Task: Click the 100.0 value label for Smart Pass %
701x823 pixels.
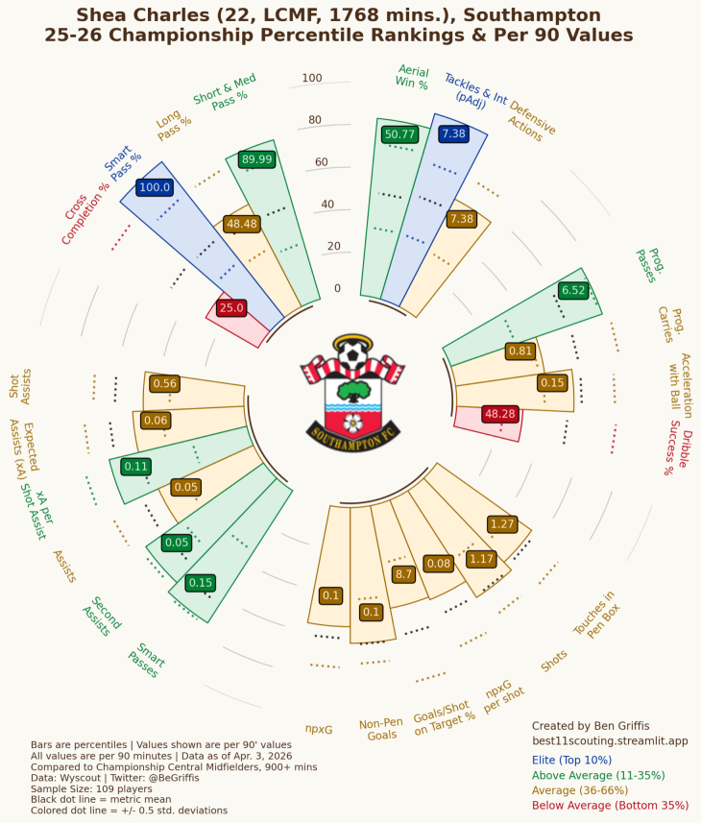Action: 155,187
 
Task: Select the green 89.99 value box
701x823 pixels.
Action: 256,159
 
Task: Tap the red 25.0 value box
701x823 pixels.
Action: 231,307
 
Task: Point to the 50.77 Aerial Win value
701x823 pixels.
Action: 399,134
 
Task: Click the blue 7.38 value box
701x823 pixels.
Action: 453,133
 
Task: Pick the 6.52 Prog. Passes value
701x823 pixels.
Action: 573,290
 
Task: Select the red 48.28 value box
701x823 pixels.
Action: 500,414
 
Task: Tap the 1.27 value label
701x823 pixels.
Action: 502,523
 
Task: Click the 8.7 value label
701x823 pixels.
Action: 403,573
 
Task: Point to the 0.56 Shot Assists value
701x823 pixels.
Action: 165,383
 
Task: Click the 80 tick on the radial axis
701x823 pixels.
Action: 315,120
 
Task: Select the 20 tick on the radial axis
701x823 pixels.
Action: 334,246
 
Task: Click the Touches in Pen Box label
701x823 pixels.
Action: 596,614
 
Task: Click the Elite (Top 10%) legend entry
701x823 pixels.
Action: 571,760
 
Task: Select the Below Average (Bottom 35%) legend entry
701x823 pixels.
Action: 610,805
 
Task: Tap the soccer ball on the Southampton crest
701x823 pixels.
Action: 352,354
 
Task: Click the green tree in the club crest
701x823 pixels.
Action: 353,391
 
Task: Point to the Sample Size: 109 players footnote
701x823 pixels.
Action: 91,788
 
